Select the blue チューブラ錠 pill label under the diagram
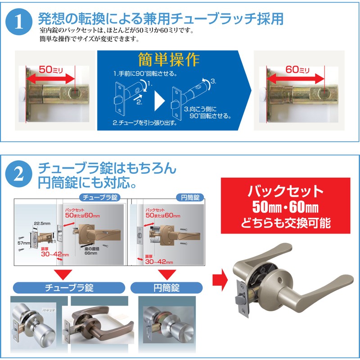pyautogui.click(x=68, y=287)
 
